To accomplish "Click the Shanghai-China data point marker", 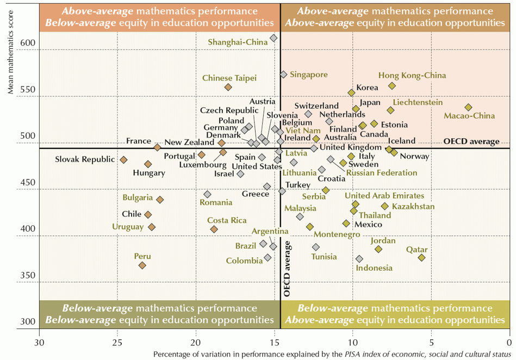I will (x=273, y=38).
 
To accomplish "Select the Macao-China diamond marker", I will (x=468, y=107).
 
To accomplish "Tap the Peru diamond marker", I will (x=142, y=265).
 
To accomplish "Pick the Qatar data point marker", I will (x=421, y=257).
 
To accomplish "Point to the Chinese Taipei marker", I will (x=228, y=87).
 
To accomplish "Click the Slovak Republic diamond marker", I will (x=123, y=160).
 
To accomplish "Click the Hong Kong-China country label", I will (x=412, y=76).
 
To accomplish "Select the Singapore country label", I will (x=308, y=75).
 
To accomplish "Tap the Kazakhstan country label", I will (x=413, y=207).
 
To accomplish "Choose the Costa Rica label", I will (x=227, y=220).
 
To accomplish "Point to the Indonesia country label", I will (x=374, y=268).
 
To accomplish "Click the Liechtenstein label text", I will (x=418, y=102).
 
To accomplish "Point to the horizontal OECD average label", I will (x=471, y=141).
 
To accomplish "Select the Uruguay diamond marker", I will (x=151, y=227).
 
